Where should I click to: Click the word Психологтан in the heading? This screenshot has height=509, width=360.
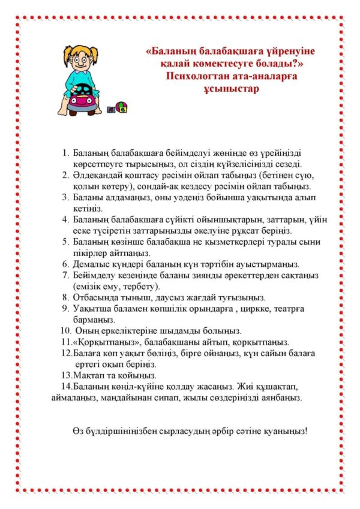193,76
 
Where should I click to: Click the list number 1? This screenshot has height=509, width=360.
65,153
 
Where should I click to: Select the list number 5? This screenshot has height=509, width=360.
65,242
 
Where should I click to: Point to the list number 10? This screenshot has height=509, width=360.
65,330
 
